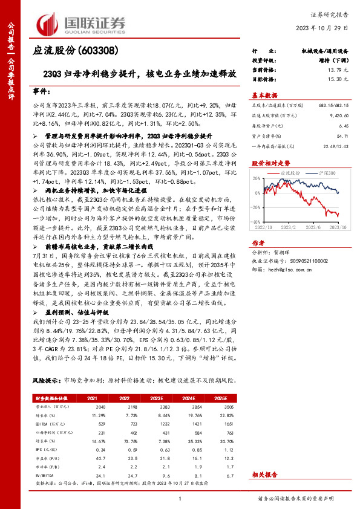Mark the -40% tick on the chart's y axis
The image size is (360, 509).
click(257, 221)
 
